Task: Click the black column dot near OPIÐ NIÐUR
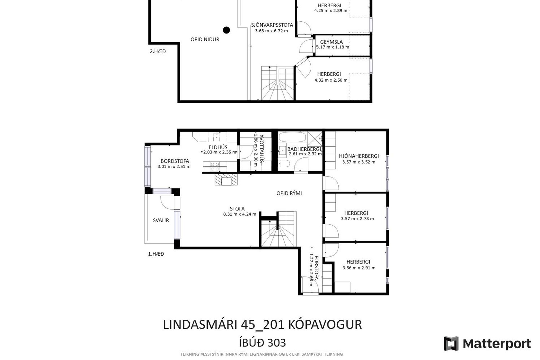coord(226,30)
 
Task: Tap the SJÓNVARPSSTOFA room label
coord(272,25)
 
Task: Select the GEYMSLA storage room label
coord(331,42)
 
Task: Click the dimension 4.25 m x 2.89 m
coord(330,11)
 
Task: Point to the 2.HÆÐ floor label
coord(157,51)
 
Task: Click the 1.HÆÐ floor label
coord(156,254)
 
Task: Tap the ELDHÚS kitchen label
coord(218,147)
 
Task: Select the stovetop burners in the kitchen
coord(215,167)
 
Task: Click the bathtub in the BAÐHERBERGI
coord(292,138)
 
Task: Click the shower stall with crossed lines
coord(314,138)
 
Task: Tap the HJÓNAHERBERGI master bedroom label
coord(359,156)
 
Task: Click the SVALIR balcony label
coord(161,220)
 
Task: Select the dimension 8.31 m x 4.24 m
coord(240,214)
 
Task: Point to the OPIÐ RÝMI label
coord(289,193)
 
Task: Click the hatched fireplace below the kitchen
coord(226,179)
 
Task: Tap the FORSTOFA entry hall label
coord(316,268)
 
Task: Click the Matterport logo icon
coord(451,344)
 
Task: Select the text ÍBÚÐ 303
coord(262,343)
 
